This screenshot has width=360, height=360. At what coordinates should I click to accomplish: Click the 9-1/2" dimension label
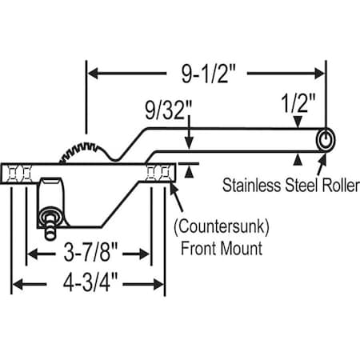(x=206, y=74)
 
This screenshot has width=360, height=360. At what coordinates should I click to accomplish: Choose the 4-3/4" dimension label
(x=89, y=282)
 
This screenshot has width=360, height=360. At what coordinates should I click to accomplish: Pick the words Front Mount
(x=218, y=248)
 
